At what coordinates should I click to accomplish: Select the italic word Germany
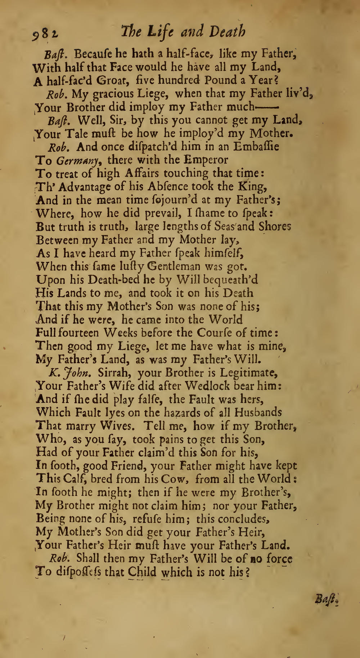76,160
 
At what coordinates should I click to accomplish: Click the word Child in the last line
143,572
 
